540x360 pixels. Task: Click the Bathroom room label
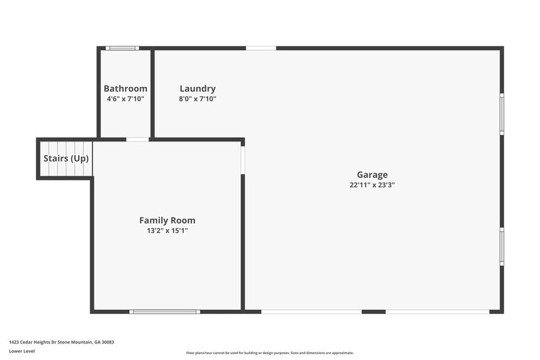pos(126,89)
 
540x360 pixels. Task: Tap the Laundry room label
pos(198,89)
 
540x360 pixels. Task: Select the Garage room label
pos(372,175)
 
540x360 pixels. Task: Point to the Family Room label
pos(167,220)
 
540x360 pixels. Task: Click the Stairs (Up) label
pos(66,159)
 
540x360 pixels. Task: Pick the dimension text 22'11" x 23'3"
pos(372,185)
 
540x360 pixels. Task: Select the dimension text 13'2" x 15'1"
pos(167,231)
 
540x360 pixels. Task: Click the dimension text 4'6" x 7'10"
pos(126,99)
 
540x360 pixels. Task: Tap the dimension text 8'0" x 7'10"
pos(198,99)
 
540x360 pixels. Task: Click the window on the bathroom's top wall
pos(122,48)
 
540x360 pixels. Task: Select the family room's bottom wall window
pos(165,312)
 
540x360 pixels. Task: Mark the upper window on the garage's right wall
pos(501,114)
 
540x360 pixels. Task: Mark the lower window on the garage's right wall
pos(501,246)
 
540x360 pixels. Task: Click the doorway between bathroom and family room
pos(138,140)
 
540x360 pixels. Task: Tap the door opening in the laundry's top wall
pos(261,48)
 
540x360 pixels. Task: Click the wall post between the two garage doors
pos(373,312)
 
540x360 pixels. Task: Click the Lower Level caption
pos(22,351)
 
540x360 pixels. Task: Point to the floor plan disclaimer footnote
pos(270,353)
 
